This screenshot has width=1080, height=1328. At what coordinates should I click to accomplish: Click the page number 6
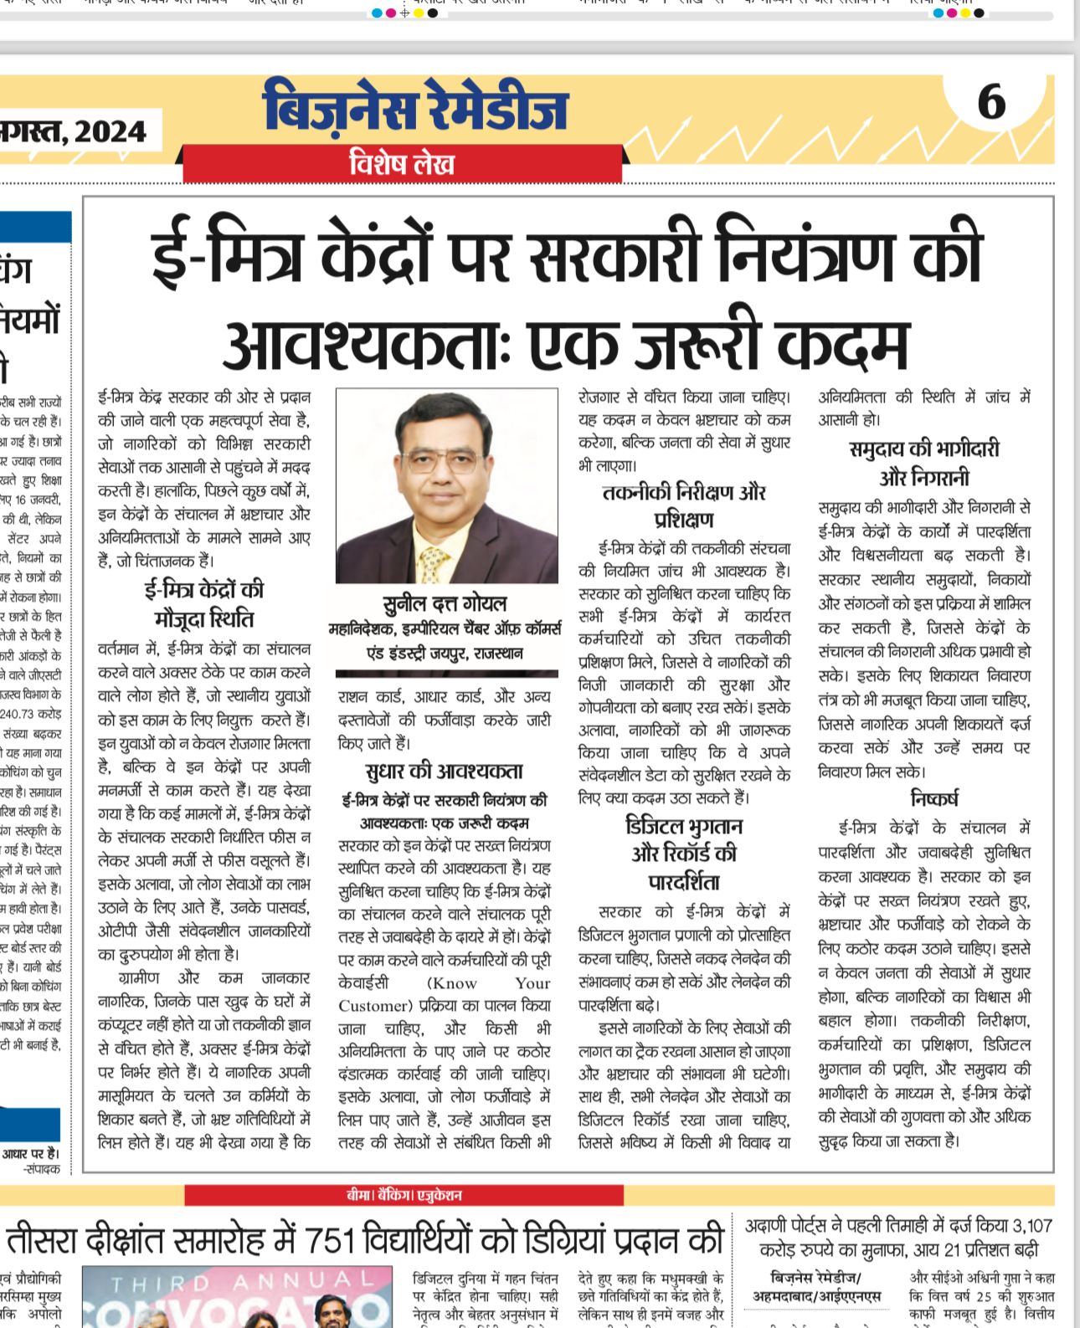pyautogui.click(x=991, y=103)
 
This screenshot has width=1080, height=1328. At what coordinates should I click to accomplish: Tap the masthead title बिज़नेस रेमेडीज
pyautogui.click(x=415, y=108)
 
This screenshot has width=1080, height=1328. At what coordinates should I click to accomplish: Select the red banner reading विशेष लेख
pyautogui.click(x=402, y=163)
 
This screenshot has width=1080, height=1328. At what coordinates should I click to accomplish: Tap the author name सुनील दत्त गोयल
pyautogui.click(x=445, y=603)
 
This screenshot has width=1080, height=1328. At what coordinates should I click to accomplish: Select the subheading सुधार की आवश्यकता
pyautogui.click(x=444, y=771)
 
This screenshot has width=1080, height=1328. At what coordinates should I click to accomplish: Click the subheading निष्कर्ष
pyautogui.click(x=934, y=798)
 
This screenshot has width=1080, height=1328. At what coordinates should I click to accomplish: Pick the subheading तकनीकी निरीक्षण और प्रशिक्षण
pyautogui.click(x=684, y=505)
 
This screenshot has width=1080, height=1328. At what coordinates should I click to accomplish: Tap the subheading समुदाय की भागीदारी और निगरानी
pyautogui.click(x=924, y=463)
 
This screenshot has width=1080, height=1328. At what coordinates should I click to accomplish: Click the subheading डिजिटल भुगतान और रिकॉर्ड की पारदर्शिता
pyautogui.click(x=684, y=854)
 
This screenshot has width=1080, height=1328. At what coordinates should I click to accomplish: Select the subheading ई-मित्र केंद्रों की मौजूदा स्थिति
pyautogui.click(x=204, y=604)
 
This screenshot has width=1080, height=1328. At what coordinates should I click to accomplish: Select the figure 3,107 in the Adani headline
pyautogui.click(x=1031, y=1226)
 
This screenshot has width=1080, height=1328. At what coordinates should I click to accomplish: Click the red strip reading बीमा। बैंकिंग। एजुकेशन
pyautogui.click(x=404, y=1195)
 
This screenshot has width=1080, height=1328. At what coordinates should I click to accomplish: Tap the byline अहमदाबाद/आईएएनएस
pyautogui.click(x=816, y=1296)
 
